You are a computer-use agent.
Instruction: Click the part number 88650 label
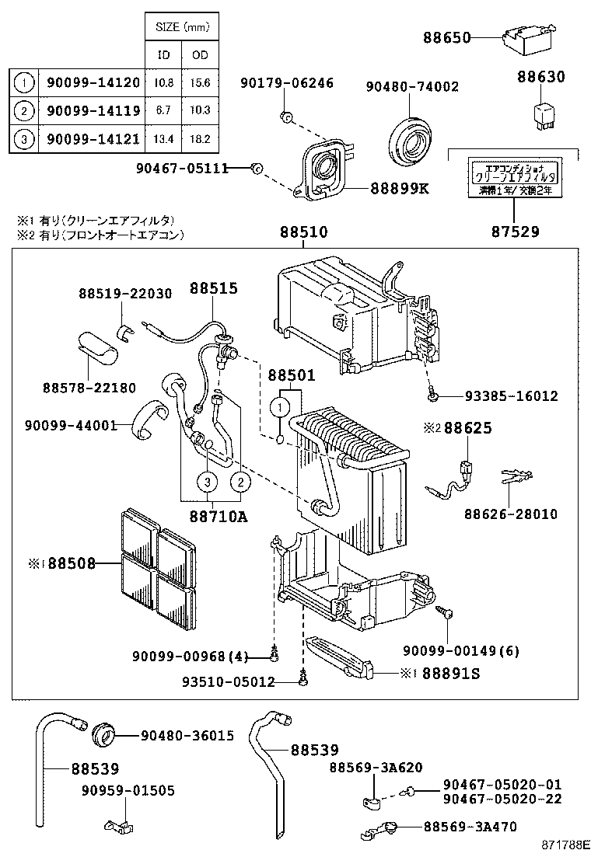coord(446,37)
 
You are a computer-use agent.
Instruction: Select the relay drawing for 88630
coord(542,112)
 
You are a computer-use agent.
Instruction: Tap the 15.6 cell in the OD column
coord(200,82)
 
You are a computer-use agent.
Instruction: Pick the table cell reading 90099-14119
coord(93,110)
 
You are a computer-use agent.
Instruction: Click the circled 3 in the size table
coord(25,139)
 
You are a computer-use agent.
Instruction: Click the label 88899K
coord(399,188)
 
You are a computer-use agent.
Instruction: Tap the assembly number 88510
coord(303,232)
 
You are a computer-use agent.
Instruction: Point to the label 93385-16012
coord(512,396)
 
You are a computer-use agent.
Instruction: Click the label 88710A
coord(218,515)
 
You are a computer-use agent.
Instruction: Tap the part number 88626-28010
coord(511,514)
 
